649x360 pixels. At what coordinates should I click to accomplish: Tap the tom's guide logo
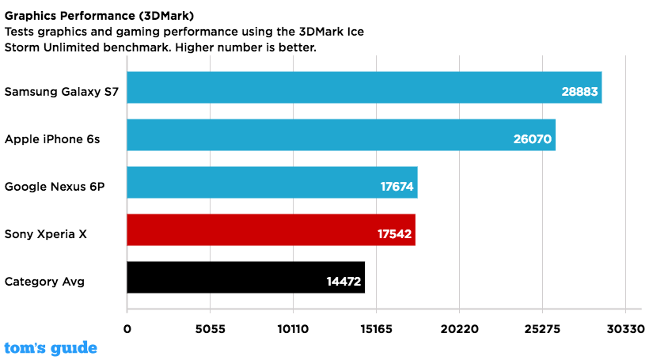pyautogui.click(x=51, y=347)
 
